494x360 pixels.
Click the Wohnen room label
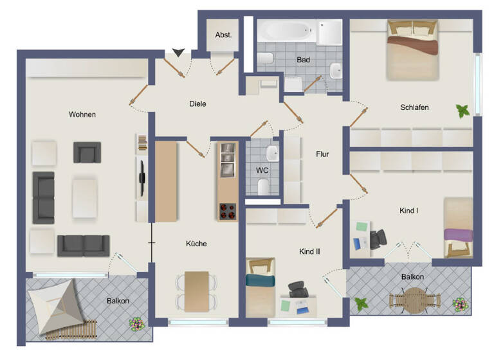pyautogui.click(x=82, y=114)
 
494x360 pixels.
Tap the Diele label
pyautogui.click(x=197, y=104)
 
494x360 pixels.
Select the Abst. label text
pyautogui.click(x=223, y=35)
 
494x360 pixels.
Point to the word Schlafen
pyautogui.click(x=414, y=107)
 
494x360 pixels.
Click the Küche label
pyautogui.click(x=196, y=244)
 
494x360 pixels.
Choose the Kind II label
pyautogui.click(x=309, y=251)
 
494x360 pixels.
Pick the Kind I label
pyautogui.click(x=409, y=210)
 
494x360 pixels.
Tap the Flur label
pyautogui.click(x=322, y=154)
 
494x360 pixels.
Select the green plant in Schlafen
pyautogui.click(x=462, y=111)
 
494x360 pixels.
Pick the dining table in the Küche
pyautogui.click(x=196, y=290)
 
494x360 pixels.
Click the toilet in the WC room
pyautogui.click(x=263, y=186)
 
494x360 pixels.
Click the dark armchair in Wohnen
pyautogui.click(x=87, y=152)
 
